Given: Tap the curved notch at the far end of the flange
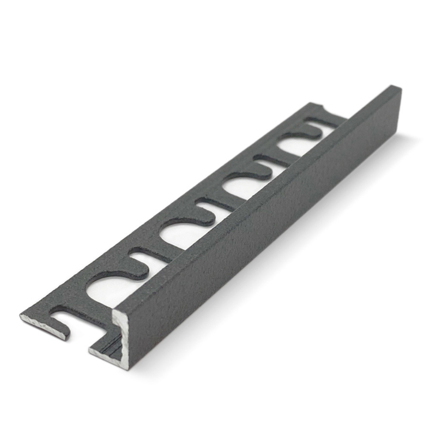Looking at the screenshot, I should (322, 108).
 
